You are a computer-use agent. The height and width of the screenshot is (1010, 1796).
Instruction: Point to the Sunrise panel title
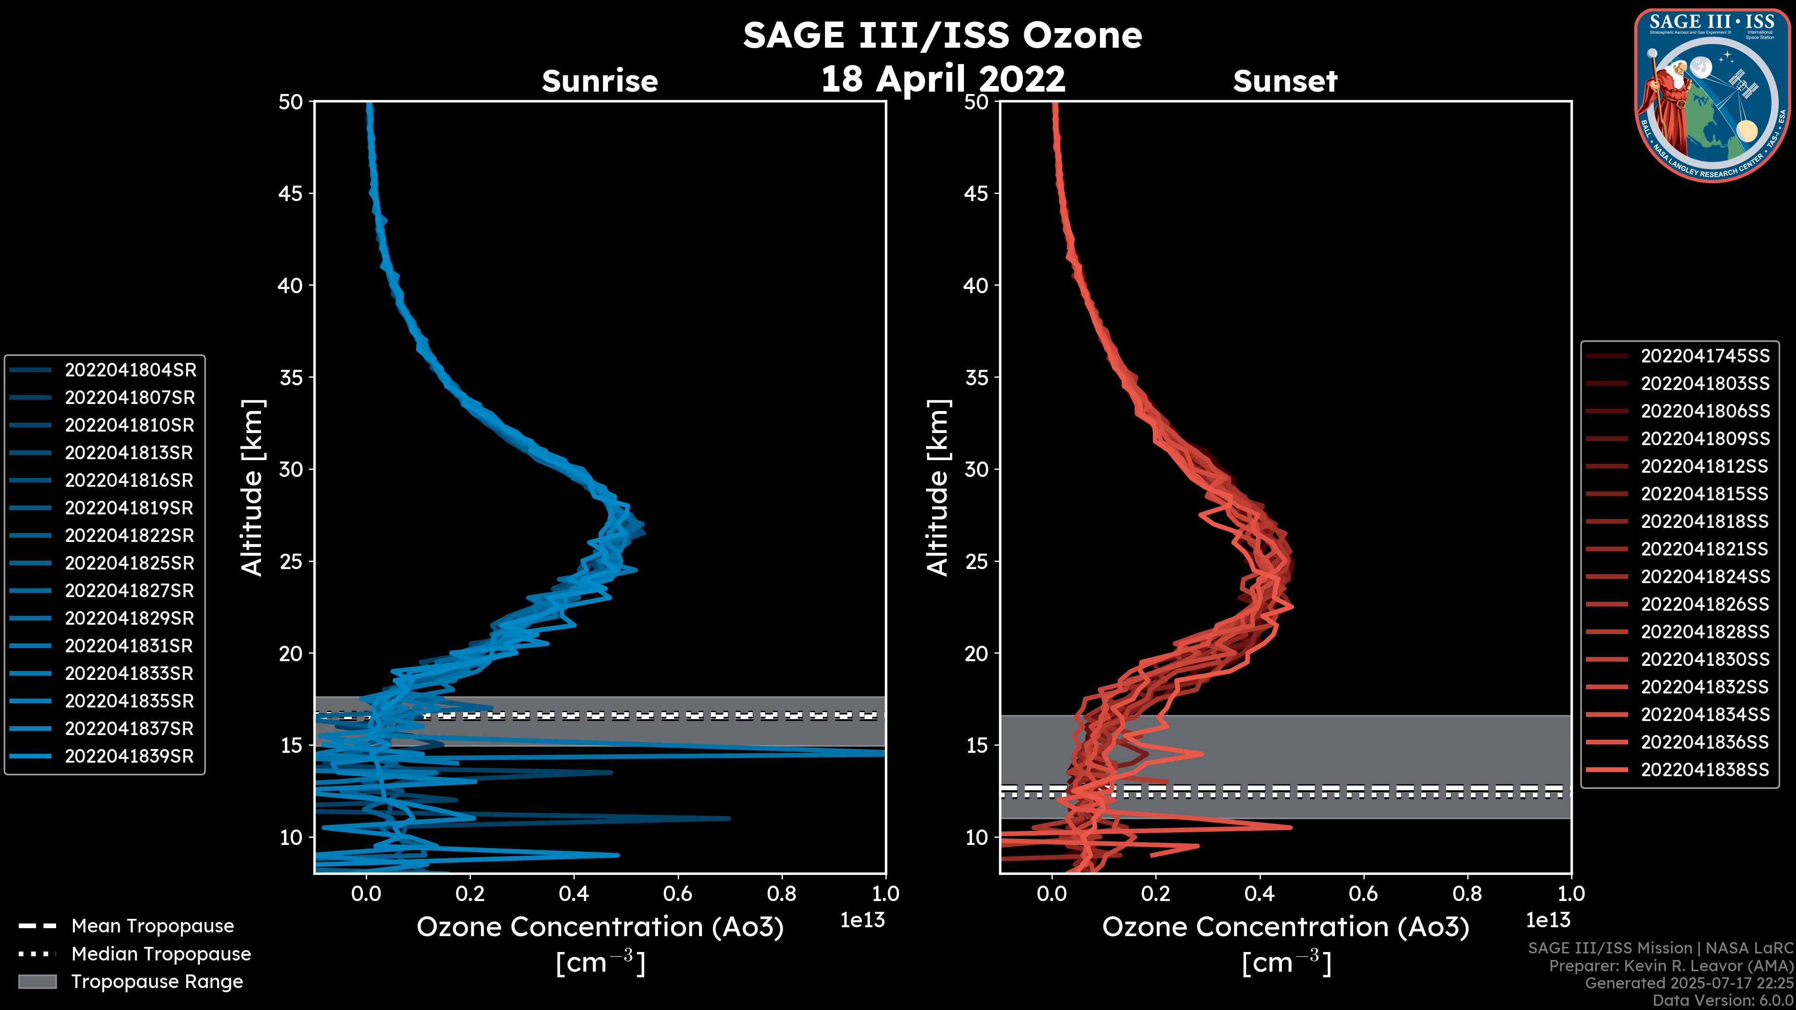tap(600, 81)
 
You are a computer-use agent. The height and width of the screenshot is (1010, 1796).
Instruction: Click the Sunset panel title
tap(1285, 81)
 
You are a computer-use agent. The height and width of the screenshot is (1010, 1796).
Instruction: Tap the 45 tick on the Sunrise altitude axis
tap(291, 193)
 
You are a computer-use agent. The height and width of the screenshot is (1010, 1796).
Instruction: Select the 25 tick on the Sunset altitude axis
tap(976, 561)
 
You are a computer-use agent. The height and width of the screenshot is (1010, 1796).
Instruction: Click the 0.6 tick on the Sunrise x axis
tap(678, 894)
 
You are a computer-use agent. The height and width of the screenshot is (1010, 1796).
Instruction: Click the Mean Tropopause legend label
tap(152, 926)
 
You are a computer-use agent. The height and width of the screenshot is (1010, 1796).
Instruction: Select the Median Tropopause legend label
tap(161, 954)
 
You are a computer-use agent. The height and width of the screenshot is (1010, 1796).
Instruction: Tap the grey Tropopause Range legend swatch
tap(37, 981)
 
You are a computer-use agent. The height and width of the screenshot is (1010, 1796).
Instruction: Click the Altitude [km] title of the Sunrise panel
tap(253, 487)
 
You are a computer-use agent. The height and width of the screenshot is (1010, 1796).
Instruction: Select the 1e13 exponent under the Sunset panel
tap(1548, 921)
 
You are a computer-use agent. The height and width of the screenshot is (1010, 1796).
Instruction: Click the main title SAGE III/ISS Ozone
tap(942, 36)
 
